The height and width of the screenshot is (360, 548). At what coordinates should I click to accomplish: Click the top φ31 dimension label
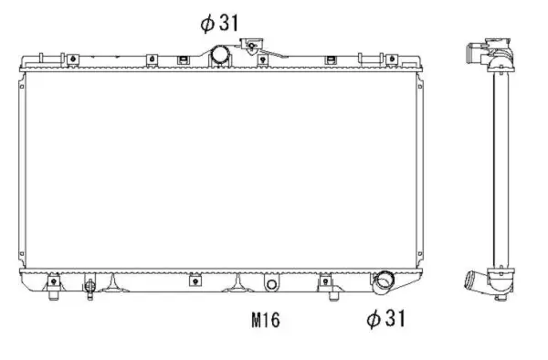click(x=218, y=23)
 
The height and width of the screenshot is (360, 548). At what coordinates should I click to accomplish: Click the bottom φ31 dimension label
click(x=385, y=319)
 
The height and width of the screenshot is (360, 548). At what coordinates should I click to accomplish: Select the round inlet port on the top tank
click(x=221, y=56)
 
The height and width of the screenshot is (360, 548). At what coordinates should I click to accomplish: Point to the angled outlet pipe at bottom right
click(x=381, y=282)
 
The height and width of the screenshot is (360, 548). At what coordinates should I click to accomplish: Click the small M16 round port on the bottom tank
click(x=270, y=284)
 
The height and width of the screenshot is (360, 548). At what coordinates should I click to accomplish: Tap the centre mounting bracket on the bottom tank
click(x=195, y=281)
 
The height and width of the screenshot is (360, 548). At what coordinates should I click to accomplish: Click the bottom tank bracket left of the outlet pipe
click(x=325, y=281)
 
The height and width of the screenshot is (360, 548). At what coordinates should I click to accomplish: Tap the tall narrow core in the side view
click(x=499, y=164)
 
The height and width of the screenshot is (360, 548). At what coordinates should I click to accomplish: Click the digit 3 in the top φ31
click(x=223, y=23)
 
